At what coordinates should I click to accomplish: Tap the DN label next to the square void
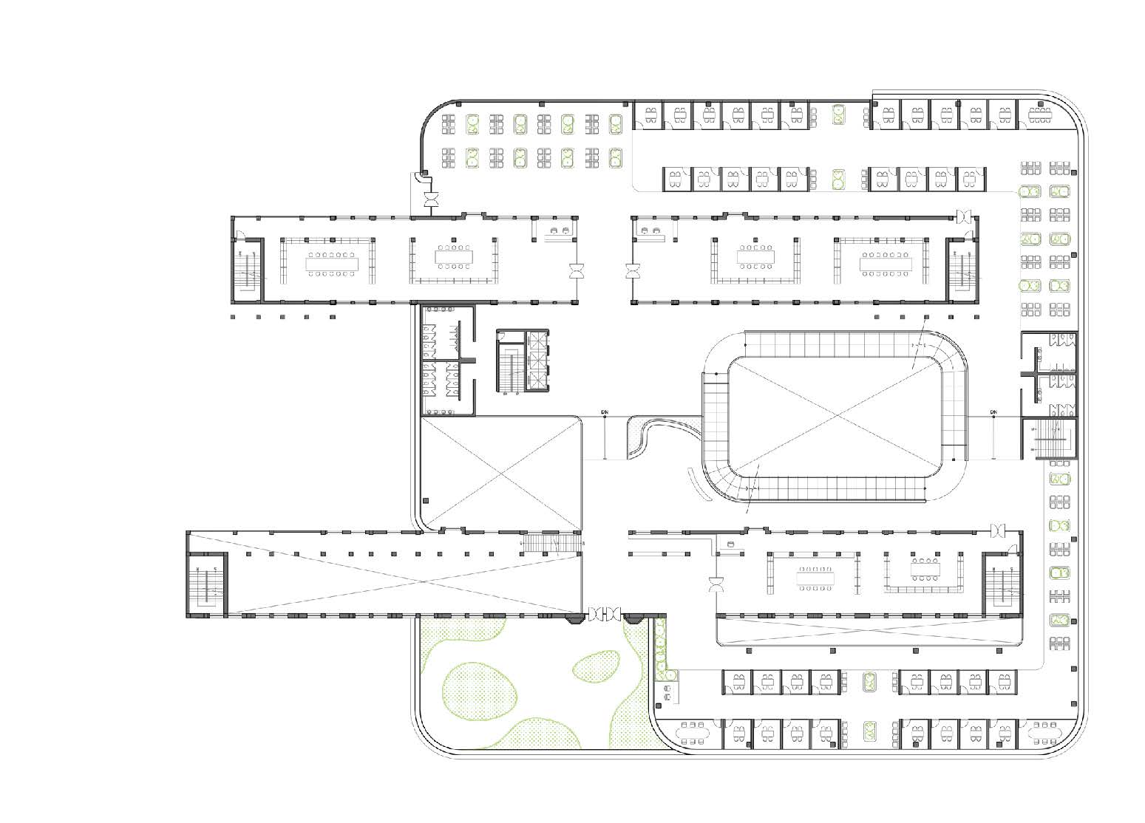point(605,411)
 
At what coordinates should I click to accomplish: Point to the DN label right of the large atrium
point(993,411)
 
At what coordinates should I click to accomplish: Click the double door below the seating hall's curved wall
point(430,199)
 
